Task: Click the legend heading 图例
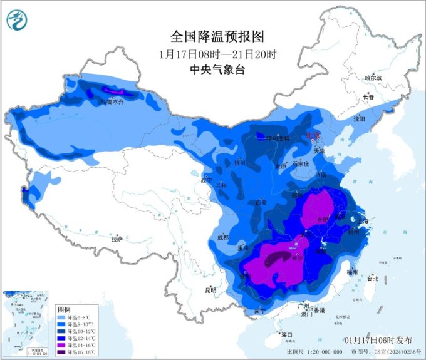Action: [x=63, y=310]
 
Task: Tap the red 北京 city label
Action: [x=311, y=135]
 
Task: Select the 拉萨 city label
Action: [x=117, y=239]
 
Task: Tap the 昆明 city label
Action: [x=210, y=290]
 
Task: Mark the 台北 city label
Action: [x=372, y=278]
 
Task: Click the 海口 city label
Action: [x=288, y=335]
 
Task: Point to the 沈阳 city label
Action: [x=358, y=118]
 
